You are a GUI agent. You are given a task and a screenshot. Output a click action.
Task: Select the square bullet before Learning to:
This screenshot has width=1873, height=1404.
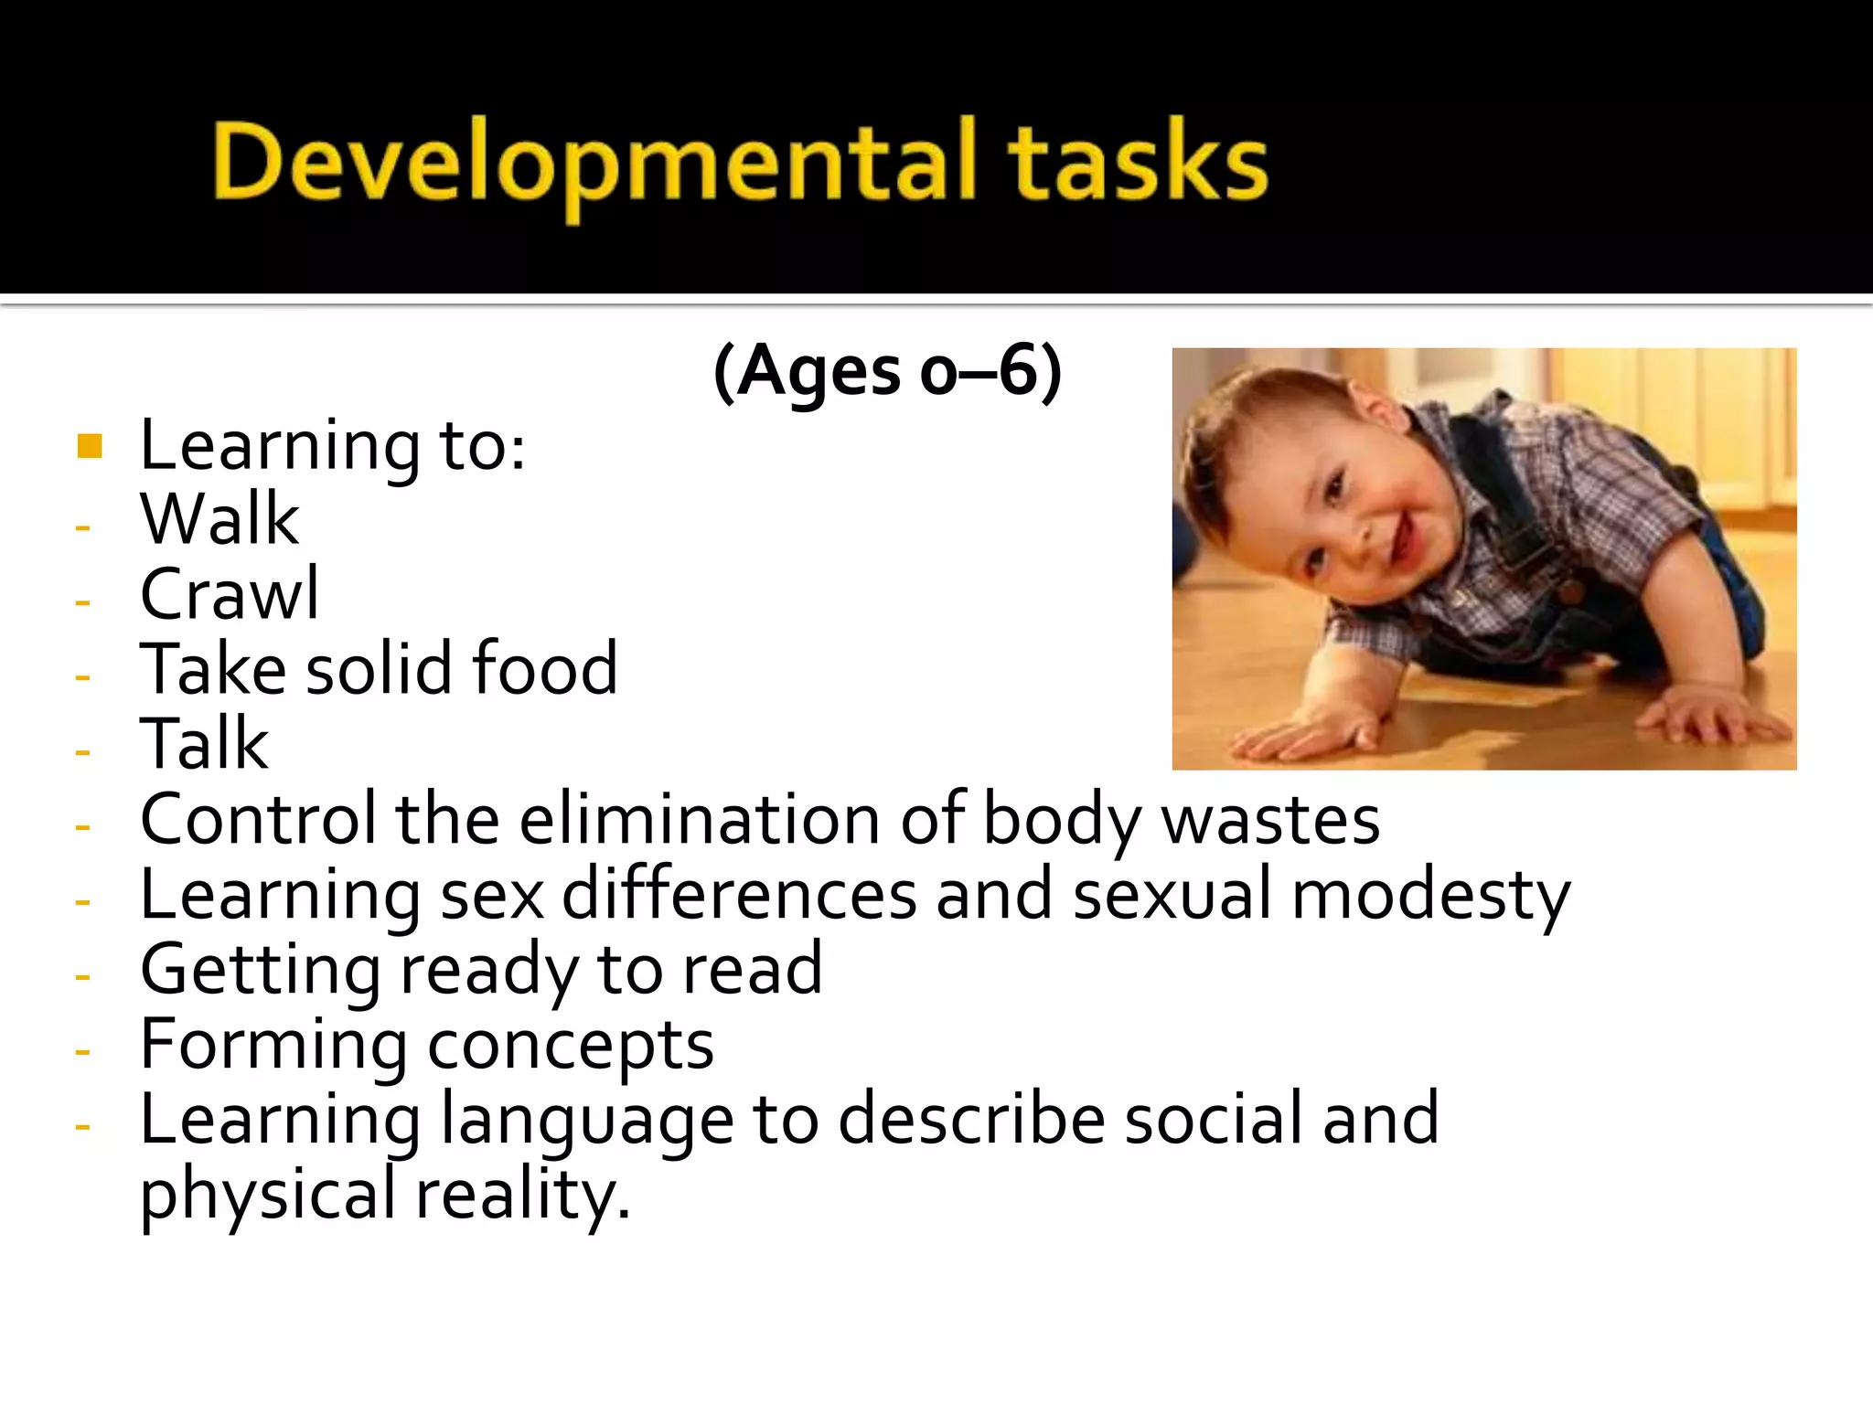90,446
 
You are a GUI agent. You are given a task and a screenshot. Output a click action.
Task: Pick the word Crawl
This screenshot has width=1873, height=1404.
230,594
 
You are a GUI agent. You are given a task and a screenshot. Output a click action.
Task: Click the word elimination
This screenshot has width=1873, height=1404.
700,819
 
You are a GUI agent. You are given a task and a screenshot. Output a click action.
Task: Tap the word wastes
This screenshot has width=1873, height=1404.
1270,819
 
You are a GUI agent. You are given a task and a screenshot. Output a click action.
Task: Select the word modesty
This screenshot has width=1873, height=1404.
1430,896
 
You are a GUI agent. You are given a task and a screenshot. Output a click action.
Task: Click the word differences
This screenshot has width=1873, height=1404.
739,894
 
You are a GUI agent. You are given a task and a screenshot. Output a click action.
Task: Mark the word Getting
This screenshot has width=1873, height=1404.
260,971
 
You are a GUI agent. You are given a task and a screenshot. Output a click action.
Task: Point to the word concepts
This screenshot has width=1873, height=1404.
571,1046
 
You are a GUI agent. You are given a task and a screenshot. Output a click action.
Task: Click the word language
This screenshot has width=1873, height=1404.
586,1121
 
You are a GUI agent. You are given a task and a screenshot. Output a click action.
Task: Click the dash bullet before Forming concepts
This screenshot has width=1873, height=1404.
83,1051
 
